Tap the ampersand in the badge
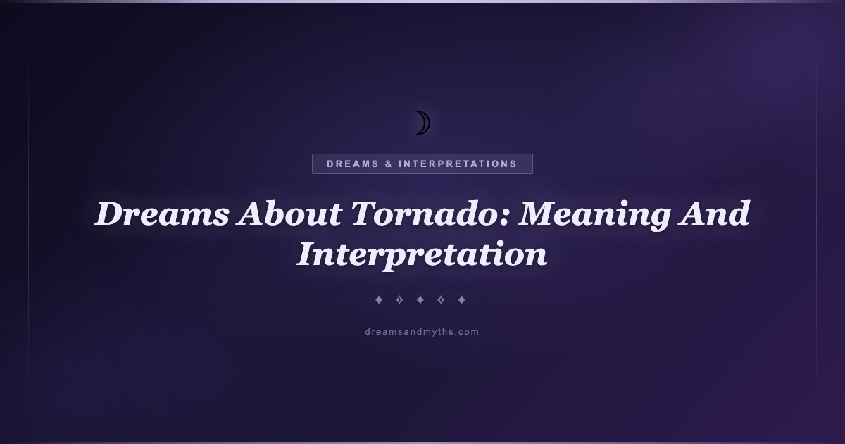(389, 164)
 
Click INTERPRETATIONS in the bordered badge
(458, 164)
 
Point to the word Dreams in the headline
(162, 214)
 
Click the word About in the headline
(289, 214)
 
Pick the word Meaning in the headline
(594, 215)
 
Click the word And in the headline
(714, 214)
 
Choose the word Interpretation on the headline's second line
(422, 256)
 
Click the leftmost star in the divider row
(379, 300)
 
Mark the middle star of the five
(420, 300)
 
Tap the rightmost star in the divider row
(462, 300)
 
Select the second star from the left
(399, 300)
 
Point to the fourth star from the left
(441, 300)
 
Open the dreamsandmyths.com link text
(422, 332)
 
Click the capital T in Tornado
(365, 214)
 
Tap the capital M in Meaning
(538, 214)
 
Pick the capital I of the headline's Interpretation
(308, 254)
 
